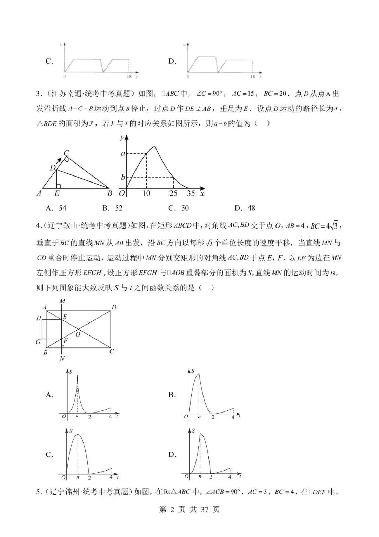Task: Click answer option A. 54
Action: point(56,208)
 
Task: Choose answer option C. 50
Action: point(179,208)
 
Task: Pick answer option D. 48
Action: point(245,208)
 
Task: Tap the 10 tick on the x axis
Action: point(146,193)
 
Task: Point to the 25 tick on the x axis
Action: point(173,193)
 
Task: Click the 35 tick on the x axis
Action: point(191,193)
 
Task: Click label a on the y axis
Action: point(123,154)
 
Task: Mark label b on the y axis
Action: point(123,177)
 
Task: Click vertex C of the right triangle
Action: point(66,153)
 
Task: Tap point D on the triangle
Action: point(53,168)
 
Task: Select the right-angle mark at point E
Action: point(59,186)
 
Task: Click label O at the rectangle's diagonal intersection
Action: point(78,334)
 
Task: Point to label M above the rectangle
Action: point(62,301)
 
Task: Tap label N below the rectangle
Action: point(62,359)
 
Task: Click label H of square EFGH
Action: point(39,318)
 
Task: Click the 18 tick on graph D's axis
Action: point(253,77)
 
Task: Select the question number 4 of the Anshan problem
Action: point(39,226)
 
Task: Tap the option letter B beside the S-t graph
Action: point(172,395)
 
